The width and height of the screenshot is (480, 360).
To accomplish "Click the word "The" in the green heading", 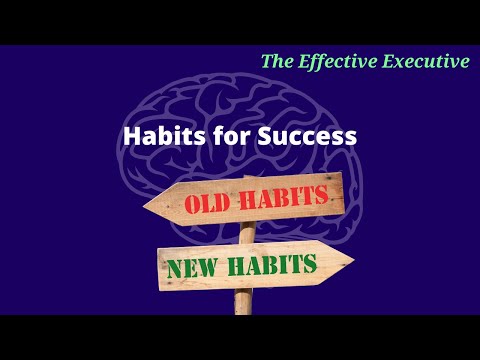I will tap(278, 61).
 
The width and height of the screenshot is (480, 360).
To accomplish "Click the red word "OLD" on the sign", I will tap(207, 203).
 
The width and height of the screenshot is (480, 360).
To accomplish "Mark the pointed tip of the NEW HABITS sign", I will tap(352, 263).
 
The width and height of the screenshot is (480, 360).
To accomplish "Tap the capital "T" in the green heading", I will tap(267, 61).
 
